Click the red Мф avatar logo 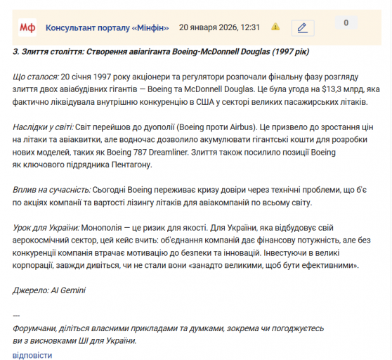click(27, 27)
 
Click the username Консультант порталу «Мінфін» click(107, 27)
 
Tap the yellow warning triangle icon click(275, 27)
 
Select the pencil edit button click(302, 27)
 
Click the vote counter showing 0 click(346, 23)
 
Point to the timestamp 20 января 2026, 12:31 click(220, 27)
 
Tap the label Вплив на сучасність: click(52, 191)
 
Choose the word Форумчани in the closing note click(37, 328)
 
